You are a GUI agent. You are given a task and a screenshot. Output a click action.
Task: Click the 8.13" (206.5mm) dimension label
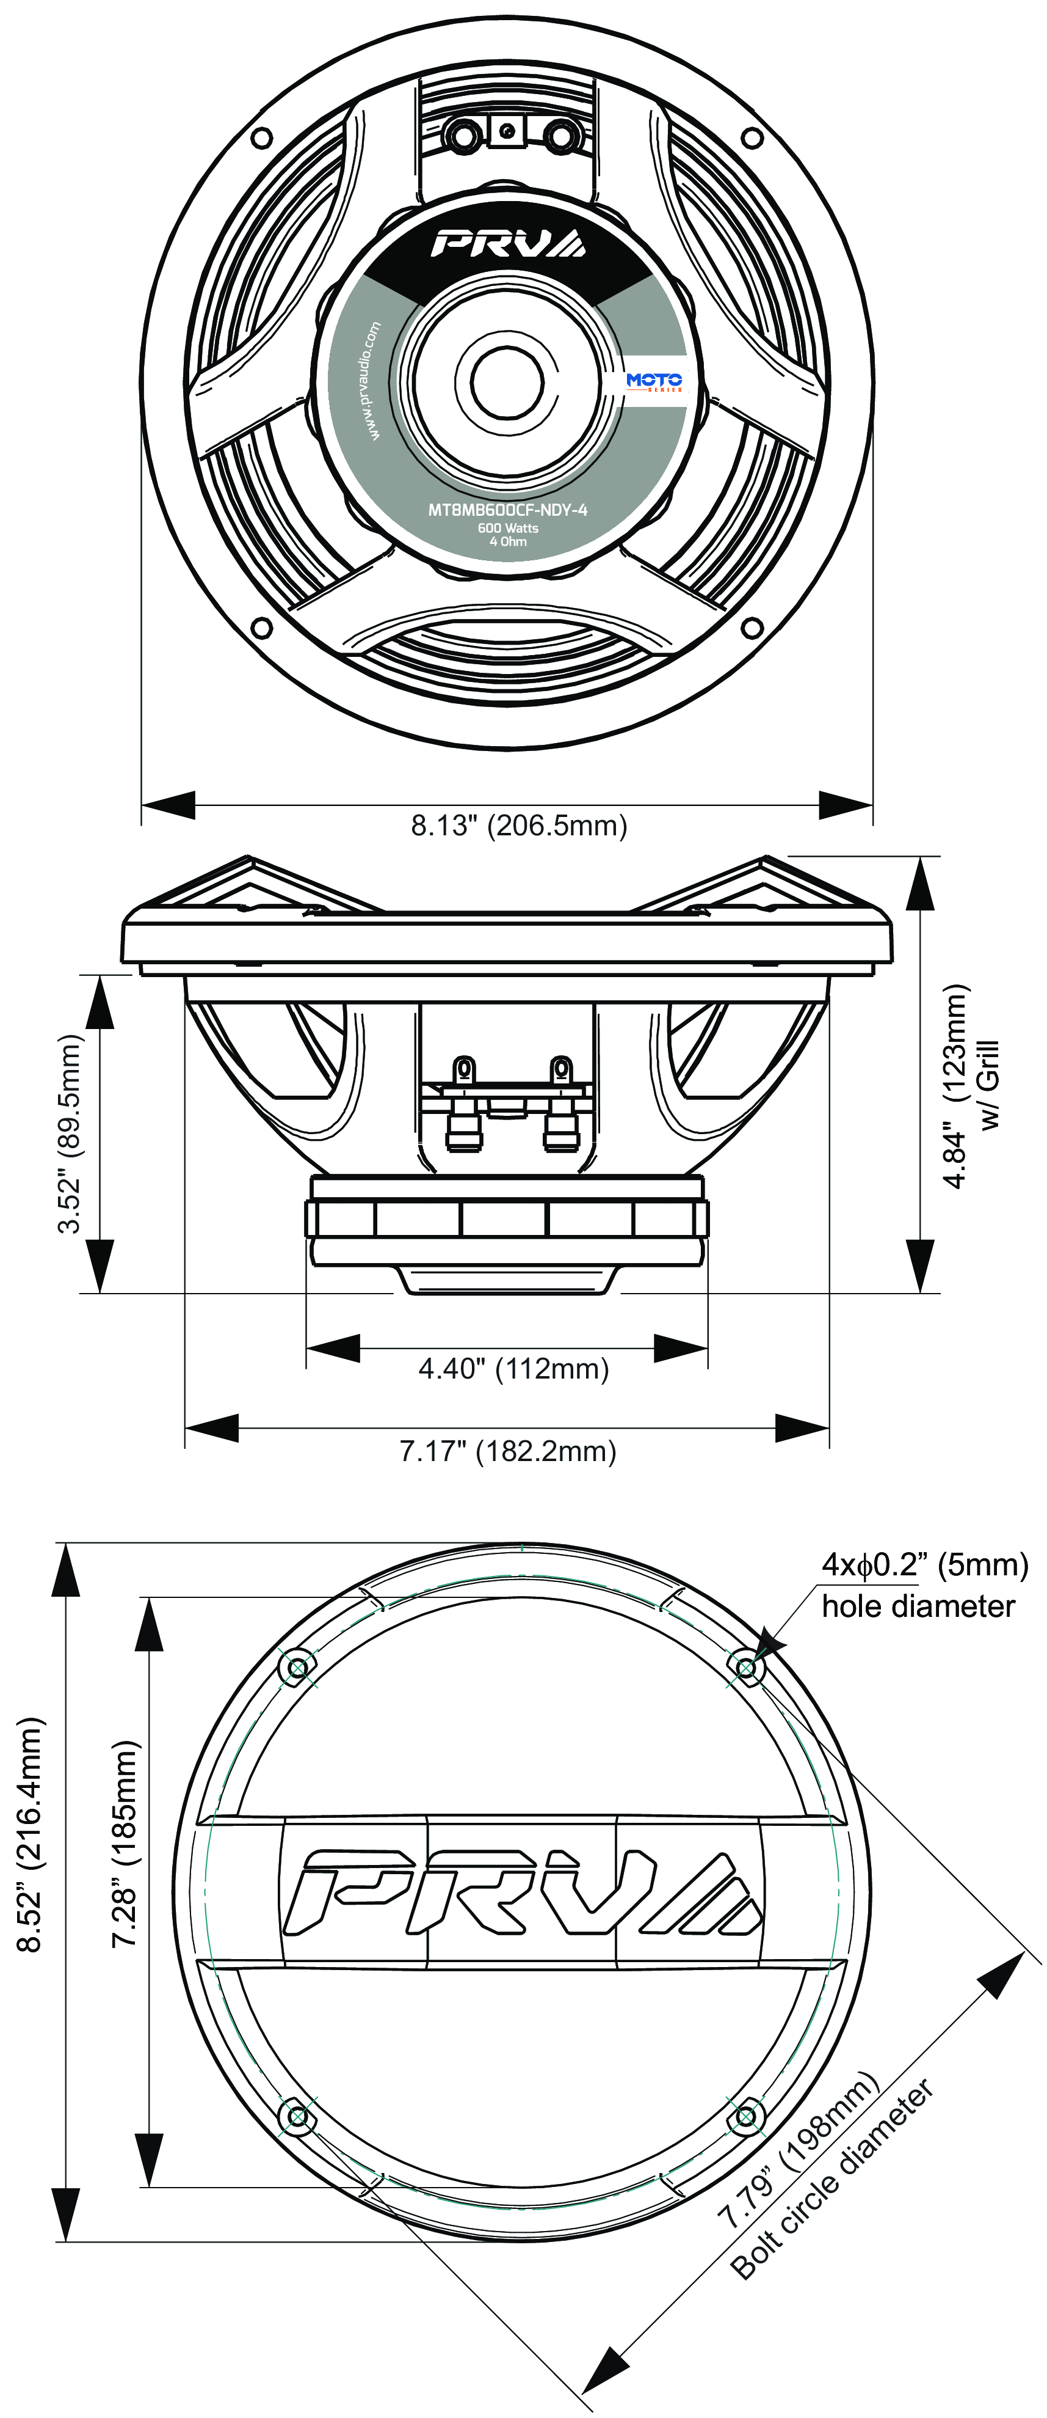(519, 826)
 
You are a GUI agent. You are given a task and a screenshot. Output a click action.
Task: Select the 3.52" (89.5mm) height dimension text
(70, 1133)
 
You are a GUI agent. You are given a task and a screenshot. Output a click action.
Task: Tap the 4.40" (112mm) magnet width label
(513, 1369)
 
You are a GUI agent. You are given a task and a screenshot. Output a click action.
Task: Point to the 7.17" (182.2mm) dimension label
(507, 1451)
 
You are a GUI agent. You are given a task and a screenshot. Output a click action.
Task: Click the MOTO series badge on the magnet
(654, 381)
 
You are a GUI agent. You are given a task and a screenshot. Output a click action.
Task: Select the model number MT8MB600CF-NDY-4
(507, 510)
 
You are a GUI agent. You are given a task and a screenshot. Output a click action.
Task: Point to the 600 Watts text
(507, 527)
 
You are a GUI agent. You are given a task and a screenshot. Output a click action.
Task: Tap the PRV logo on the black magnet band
(507, 244)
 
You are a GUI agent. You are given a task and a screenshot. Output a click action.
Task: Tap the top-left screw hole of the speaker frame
(263, 138)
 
